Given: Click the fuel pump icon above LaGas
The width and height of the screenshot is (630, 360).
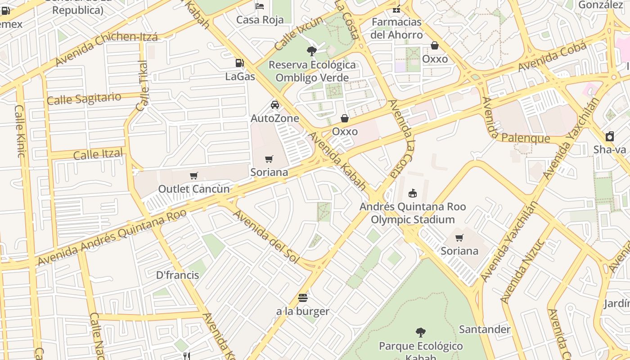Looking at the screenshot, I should point(240,63).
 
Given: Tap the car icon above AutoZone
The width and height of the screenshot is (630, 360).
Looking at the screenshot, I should point(274,105).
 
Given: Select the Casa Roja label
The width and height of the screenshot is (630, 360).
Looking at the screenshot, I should point(260,20).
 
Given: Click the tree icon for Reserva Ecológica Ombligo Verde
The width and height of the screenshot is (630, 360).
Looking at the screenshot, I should point(311,51).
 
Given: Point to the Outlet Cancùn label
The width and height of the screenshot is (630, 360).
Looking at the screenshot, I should point(193,189).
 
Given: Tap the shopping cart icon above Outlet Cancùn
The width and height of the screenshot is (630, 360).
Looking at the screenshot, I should point(194,175).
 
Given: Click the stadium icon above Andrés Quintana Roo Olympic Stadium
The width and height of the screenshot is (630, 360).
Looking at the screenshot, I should point(412,193).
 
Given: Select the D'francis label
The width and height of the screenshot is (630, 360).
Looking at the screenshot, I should point(177,275).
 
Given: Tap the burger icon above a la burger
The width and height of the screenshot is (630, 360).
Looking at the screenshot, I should point(303,297).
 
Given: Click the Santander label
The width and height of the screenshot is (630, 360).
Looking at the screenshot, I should point(485,329).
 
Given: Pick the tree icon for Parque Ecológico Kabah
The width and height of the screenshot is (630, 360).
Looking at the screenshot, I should point(421,333).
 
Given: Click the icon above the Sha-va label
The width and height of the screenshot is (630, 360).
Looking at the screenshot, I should point(610,136).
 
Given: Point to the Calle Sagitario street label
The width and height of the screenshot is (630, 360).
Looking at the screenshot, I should point(84,98).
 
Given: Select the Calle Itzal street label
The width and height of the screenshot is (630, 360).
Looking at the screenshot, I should point(98,154).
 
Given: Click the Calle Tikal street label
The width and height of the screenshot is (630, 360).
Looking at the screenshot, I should point(142,86).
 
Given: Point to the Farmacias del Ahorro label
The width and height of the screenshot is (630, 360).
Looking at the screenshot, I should point(397,28).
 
